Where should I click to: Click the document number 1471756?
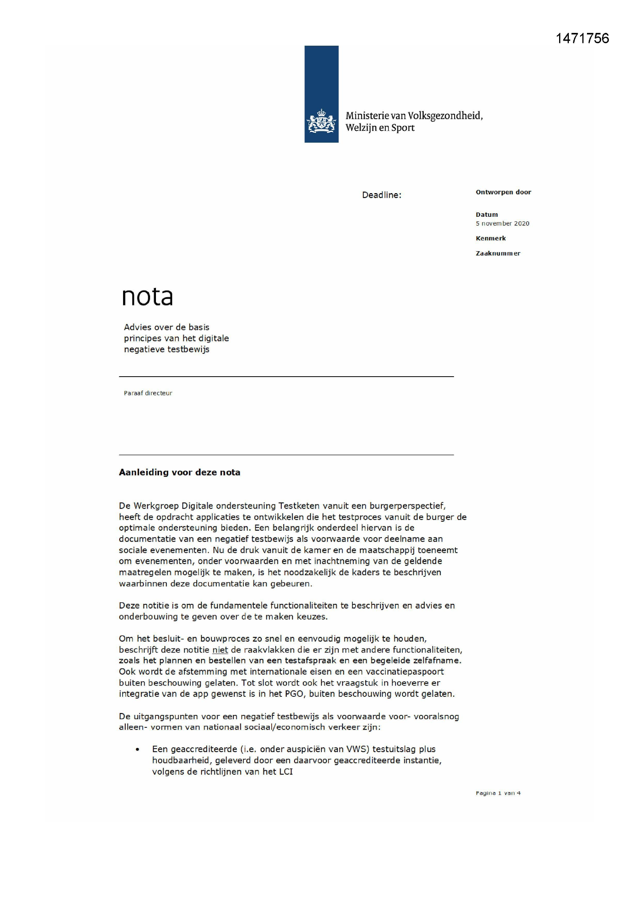click(582, 38)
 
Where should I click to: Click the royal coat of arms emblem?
click(321, 121)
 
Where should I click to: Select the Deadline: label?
click(382, 195)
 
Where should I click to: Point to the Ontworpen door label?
click(503, 192)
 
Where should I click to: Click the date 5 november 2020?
click(503, 223)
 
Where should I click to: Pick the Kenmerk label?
click(491, 238)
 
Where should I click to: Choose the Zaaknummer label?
click(498, 254)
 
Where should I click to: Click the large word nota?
click(147, 297)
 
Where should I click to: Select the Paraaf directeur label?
click(148, 393)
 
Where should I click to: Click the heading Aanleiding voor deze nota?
click(179, 472)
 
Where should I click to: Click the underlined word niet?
click(220, 650)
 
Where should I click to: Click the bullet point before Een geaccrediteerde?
click(137, 749)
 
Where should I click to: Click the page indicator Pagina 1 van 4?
click(498, 793)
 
